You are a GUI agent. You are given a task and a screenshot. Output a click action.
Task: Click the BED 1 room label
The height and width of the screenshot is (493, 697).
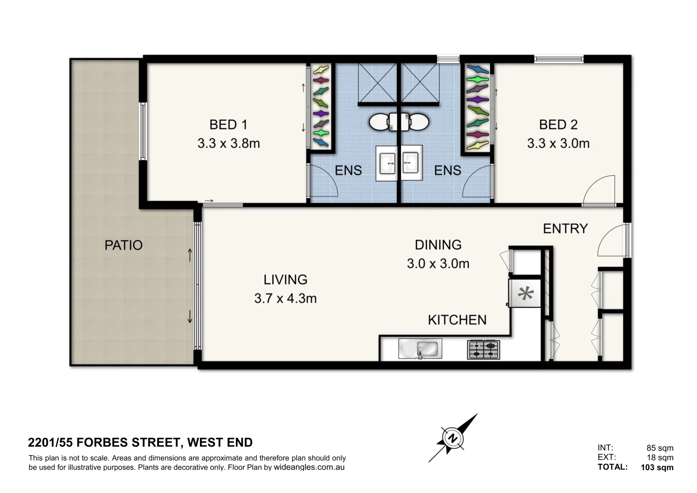pos(228,125)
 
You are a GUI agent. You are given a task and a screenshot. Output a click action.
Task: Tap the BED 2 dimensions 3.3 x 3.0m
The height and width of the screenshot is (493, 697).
pos(558,143)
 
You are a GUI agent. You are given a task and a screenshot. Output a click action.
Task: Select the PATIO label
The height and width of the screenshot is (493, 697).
pos(123,245)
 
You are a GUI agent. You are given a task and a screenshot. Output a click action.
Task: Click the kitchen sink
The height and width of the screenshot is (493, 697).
pos(420,349)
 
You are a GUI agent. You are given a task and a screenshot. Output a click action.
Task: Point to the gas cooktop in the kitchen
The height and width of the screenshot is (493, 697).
pos(483,349)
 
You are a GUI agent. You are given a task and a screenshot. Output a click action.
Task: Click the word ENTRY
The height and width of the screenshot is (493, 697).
pos(565,228)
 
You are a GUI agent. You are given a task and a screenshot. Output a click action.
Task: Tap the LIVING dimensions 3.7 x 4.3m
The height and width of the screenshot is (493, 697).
pos(285,299)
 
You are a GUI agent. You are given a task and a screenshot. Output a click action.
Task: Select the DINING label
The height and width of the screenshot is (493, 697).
pos(438,245)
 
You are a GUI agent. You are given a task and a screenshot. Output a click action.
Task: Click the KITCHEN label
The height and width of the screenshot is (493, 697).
pos(457,320)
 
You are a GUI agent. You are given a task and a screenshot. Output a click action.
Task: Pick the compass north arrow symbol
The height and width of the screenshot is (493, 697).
pos(453,438)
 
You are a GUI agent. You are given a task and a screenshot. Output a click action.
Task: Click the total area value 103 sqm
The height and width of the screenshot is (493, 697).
pos(657,467)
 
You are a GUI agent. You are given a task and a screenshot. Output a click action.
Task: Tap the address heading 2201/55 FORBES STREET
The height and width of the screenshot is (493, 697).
pos(140,442)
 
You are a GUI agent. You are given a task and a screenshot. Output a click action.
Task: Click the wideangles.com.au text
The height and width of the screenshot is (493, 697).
pos(309,467)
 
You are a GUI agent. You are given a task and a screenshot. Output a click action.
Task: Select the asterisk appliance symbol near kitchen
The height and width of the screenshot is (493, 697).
pos(525,294)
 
